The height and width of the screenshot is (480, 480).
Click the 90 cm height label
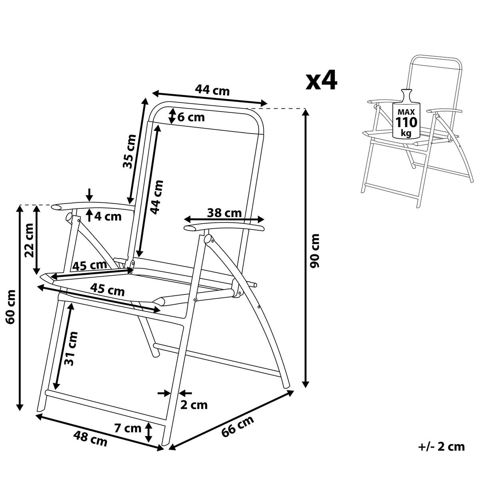click(x=316, y=251)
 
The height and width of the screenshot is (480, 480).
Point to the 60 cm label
click(x=11, y=307)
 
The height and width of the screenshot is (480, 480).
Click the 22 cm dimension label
click(x=29, y=239)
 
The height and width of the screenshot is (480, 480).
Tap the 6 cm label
click(x=191, y=118)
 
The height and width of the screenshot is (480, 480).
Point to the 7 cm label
click(x=128, y=428)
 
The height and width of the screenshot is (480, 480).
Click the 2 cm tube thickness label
click(x=194, y=405)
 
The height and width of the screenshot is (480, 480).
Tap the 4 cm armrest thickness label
click(x=107, y=216)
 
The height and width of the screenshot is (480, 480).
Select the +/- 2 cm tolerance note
click(x=441, y=446)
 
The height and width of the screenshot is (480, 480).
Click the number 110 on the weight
click(x=406, y=122)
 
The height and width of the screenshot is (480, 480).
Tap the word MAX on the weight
click(x=406, y=111)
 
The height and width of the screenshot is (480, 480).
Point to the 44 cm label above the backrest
click(x=212, y=90)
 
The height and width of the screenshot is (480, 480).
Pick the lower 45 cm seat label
click(x=108, y=289)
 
